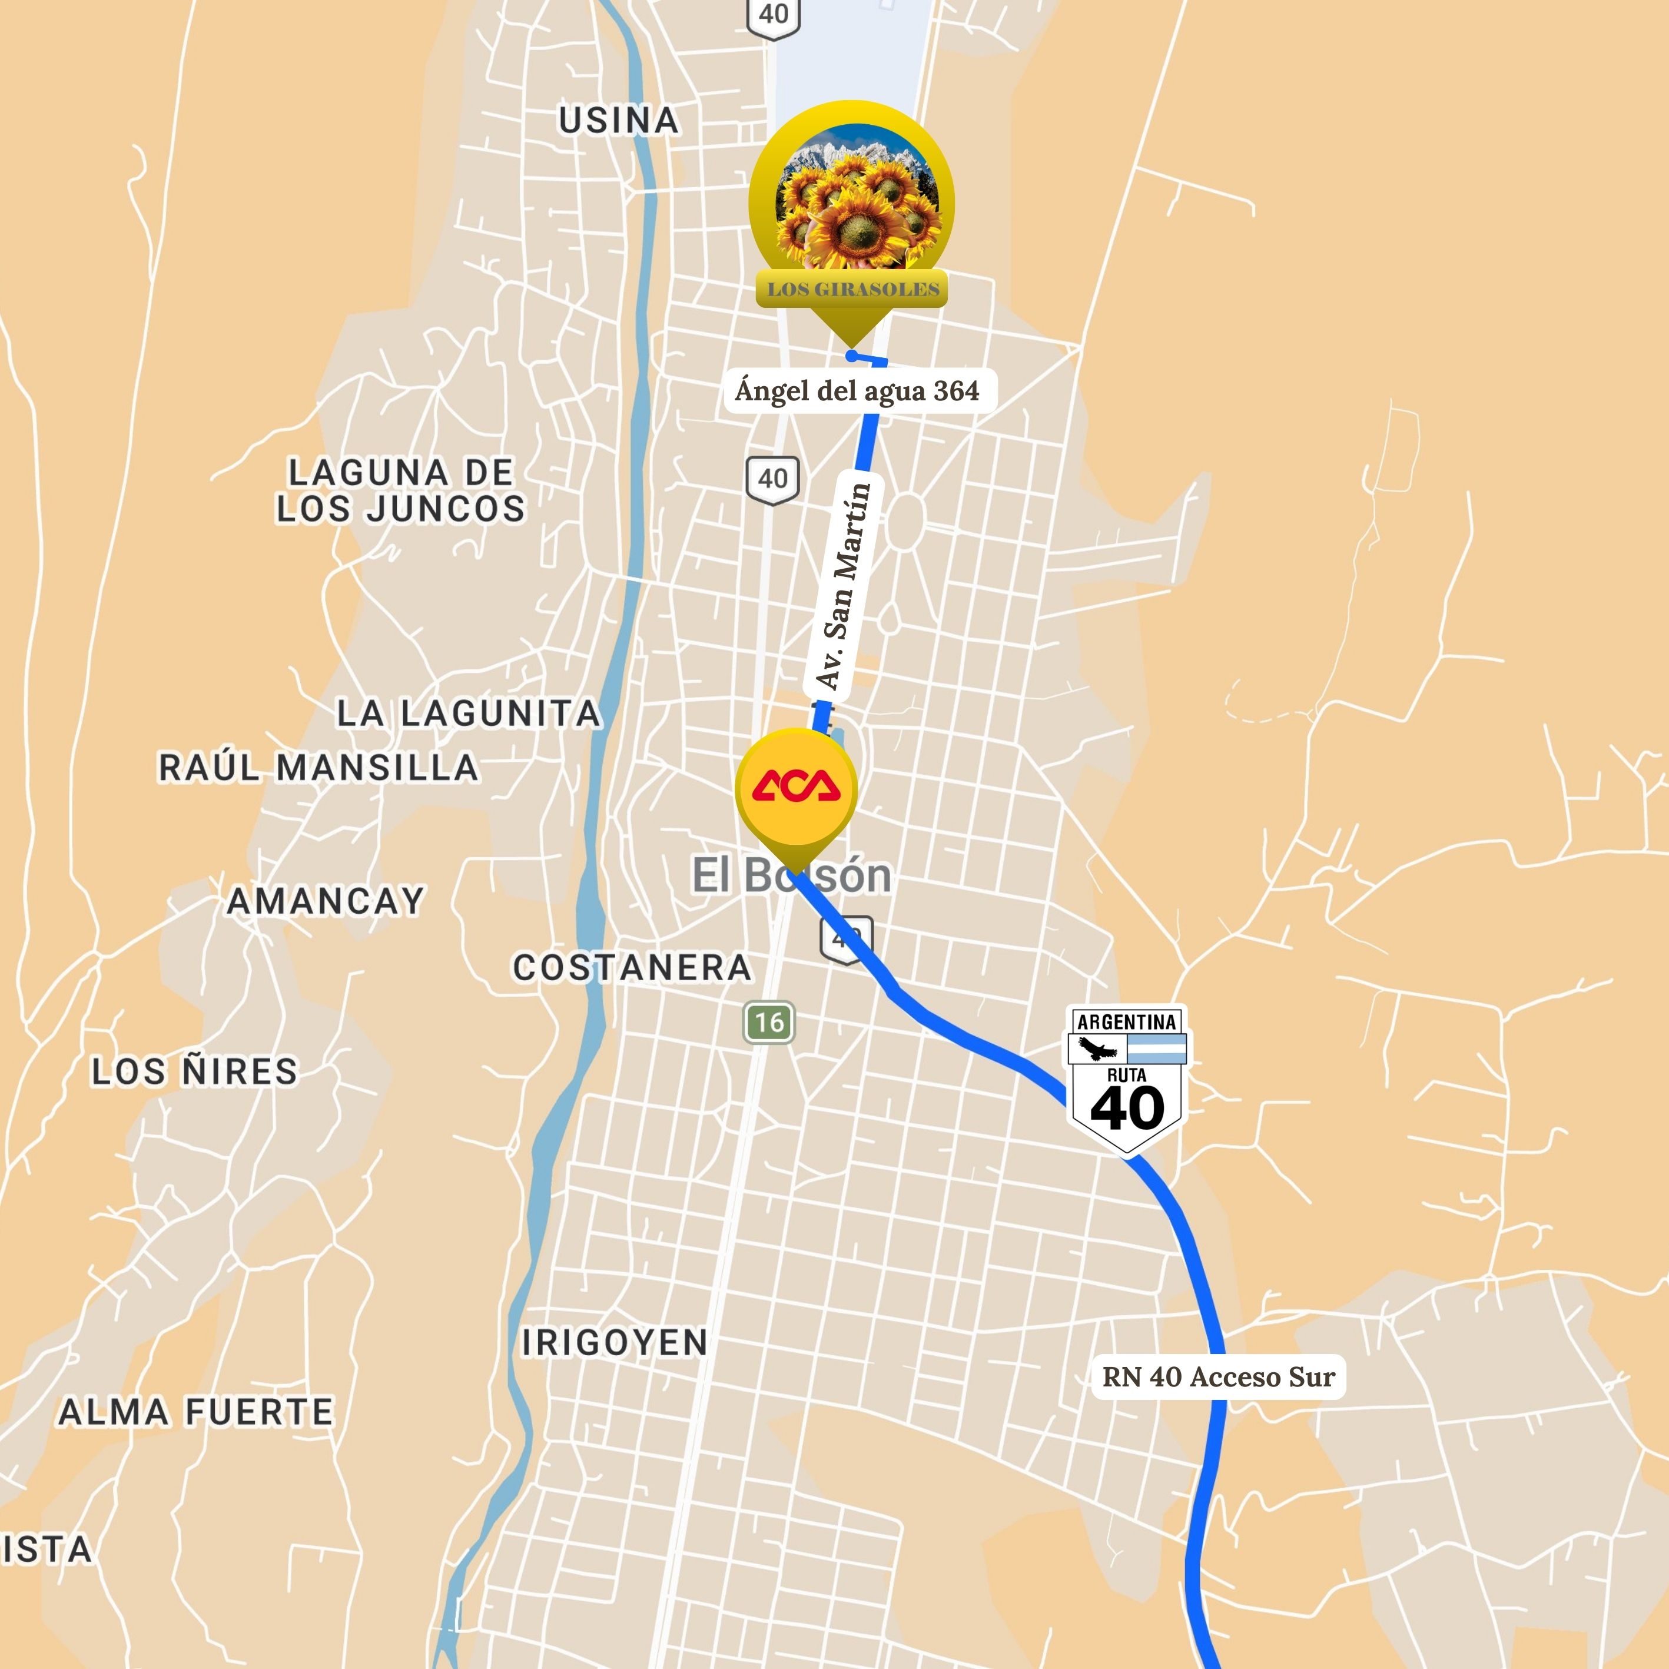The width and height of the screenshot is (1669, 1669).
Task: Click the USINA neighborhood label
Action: click(619, 121)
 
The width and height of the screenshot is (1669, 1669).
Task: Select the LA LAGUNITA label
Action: click(468, 714)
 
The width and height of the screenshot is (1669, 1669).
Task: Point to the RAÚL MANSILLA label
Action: click(318, 767)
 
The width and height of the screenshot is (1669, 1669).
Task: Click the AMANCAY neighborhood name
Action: click(326, 901)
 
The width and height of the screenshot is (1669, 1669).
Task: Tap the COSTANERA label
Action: click(632, 967)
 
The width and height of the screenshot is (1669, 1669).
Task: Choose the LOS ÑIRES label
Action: click(194, 1071)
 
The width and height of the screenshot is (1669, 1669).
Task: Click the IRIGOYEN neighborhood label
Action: click(614, 1342)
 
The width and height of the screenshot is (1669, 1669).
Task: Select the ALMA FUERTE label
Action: click(195, 1412)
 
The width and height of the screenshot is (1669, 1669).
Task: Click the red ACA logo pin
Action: click(795, 786)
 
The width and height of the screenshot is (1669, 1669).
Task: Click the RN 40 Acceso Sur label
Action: click(1219, 1376)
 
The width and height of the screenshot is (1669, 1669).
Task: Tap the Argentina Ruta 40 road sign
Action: click(1127, 1080)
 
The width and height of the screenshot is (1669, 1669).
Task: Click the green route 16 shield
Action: click(769, 1023)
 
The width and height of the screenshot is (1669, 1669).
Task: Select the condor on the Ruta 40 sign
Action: click(1096, 1048)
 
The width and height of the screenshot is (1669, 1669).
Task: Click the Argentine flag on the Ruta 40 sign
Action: click(1157, 1048)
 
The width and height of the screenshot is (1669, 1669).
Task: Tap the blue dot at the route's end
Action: click(852, 356)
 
